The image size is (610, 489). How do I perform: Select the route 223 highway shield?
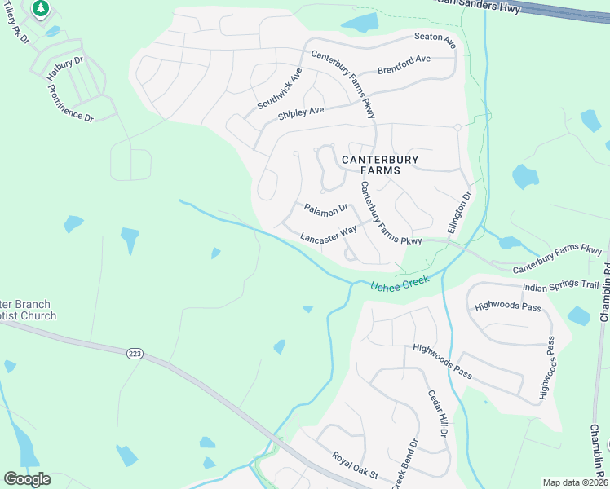pos(135,353)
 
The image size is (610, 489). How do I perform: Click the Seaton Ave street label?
pos(434,37)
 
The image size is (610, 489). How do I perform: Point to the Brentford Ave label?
pos(404,64)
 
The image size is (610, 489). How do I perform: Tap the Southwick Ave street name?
pos(280,89)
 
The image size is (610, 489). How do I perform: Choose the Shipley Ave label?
pos(301,112)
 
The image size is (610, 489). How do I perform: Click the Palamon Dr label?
pos(326,210)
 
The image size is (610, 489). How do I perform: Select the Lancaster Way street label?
pos(329,235)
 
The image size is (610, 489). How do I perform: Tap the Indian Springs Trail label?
pos(560,285)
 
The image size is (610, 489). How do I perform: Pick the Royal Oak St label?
pos(355,465)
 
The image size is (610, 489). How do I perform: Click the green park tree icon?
pos(40,9)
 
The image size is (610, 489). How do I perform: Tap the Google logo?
pos(27,478)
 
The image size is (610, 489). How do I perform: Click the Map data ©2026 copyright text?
pos(575,482)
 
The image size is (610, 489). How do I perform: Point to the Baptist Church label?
pos(29,315)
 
